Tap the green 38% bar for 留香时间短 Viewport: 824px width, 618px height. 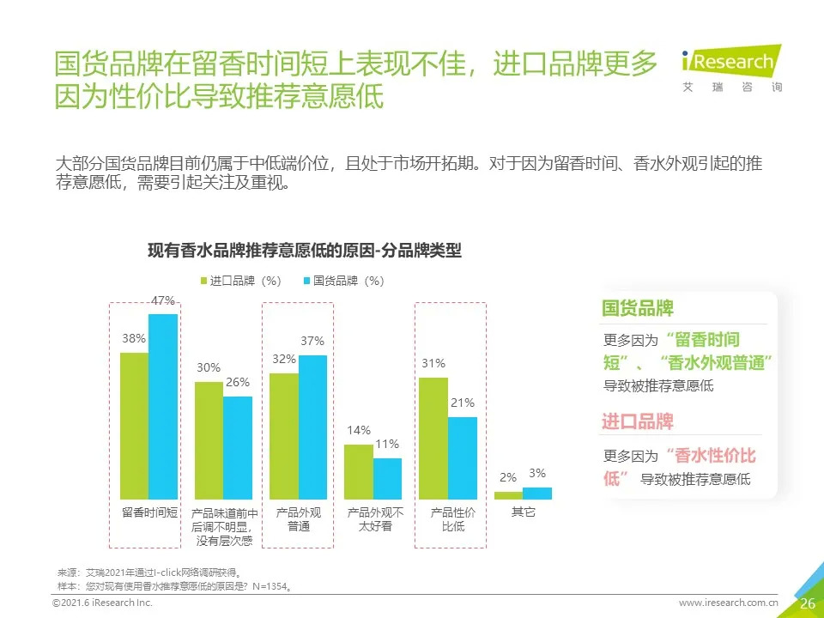point(134,425)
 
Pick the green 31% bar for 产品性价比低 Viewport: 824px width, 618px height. point(433,438)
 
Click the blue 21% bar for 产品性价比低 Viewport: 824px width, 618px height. point(462,457)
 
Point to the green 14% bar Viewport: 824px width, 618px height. point(358,471)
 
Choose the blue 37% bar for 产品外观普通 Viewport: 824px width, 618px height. point(312,427)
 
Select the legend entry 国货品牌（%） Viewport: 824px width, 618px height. point(342,281)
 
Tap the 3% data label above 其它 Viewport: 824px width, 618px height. point(537,473)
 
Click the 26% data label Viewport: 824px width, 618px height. point(238,383)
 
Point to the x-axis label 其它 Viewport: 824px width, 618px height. point(523,512)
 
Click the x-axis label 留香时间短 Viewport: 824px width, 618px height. point(149,512)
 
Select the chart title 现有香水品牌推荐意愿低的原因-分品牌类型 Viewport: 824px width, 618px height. point(305,251)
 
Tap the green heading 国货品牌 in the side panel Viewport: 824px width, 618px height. point(638,309)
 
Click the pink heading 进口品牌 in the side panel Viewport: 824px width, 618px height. point(638,421)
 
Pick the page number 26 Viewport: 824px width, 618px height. point(807,603)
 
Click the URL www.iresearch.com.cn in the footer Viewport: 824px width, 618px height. point(728,603)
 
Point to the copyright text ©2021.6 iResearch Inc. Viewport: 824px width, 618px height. point(102,604)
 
